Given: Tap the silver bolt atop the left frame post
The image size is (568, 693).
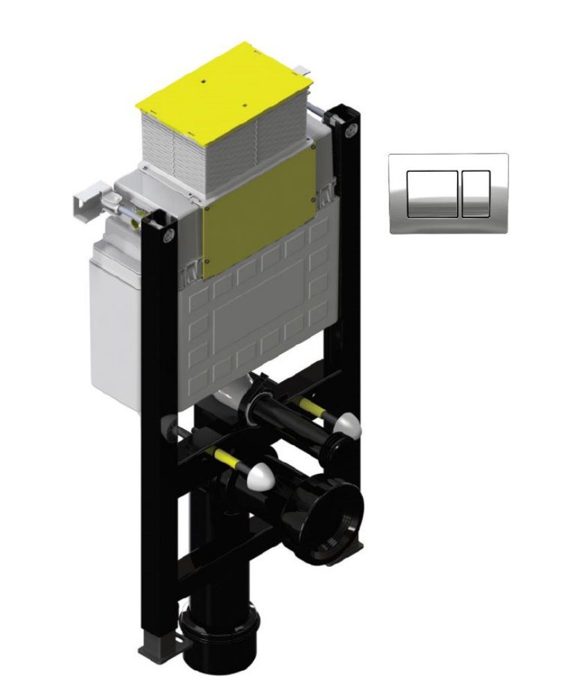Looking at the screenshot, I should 168,235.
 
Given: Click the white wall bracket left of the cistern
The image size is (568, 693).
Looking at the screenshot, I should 87,201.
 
